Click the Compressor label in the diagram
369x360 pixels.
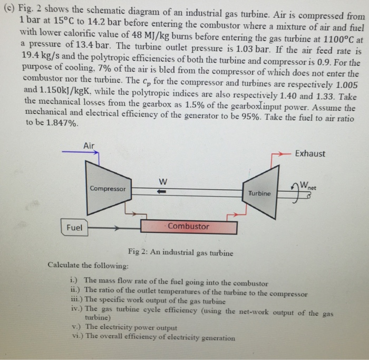[108, 188]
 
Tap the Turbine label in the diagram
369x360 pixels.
[260, 193]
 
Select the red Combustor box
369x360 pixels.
[189, 227]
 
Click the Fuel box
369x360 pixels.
[74, 228]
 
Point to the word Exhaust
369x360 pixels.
[310, 154]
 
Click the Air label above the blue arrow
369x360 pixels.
[89, 145]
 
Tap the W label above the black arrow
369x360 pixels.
[163, 182]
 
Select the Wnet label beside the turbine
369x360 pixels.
[310, 186]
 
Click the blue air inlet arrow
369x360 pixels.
[80, 153]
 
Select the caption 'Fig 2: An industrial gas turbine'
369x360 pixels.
[180, 252]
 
